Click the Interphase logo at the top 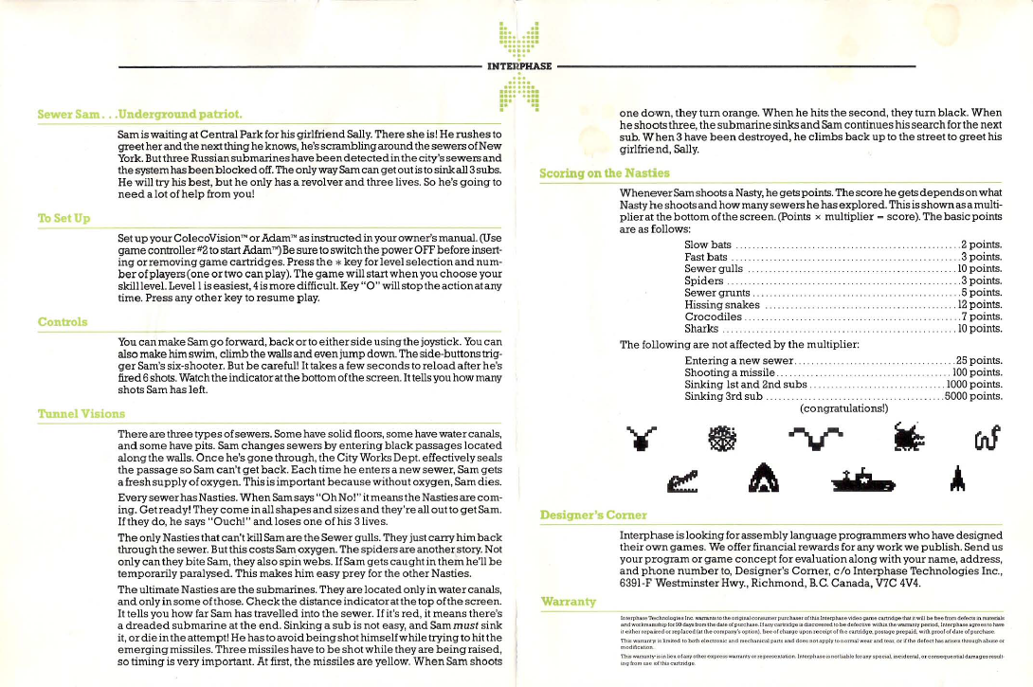click(x=516, y=65)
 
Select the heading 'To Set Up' click(x=63, y=219)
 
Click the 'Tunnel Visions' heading click(x=81, y=414)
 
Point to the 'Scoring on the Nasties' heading click(x=604, y=172)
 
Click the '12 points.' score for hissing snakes click(x=980, y=304)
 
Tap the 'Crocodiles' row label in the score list click(x=713, y=316)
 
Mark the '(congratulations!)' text click(x=844, y=409)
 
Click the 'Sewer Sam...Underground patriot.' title click(x=139, y=115)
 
